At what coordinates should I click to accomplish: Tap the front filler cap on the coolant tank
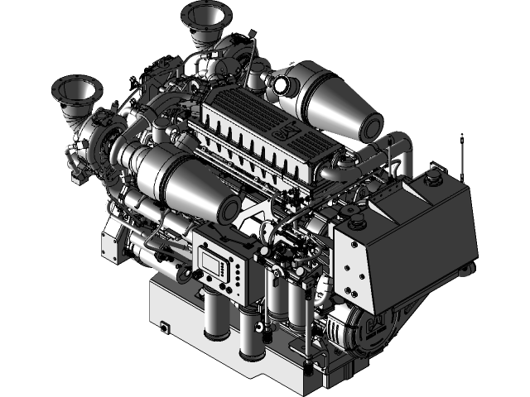point(358,222)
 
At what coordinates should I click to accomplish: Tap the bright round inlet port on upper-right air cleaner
point(280,84)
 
